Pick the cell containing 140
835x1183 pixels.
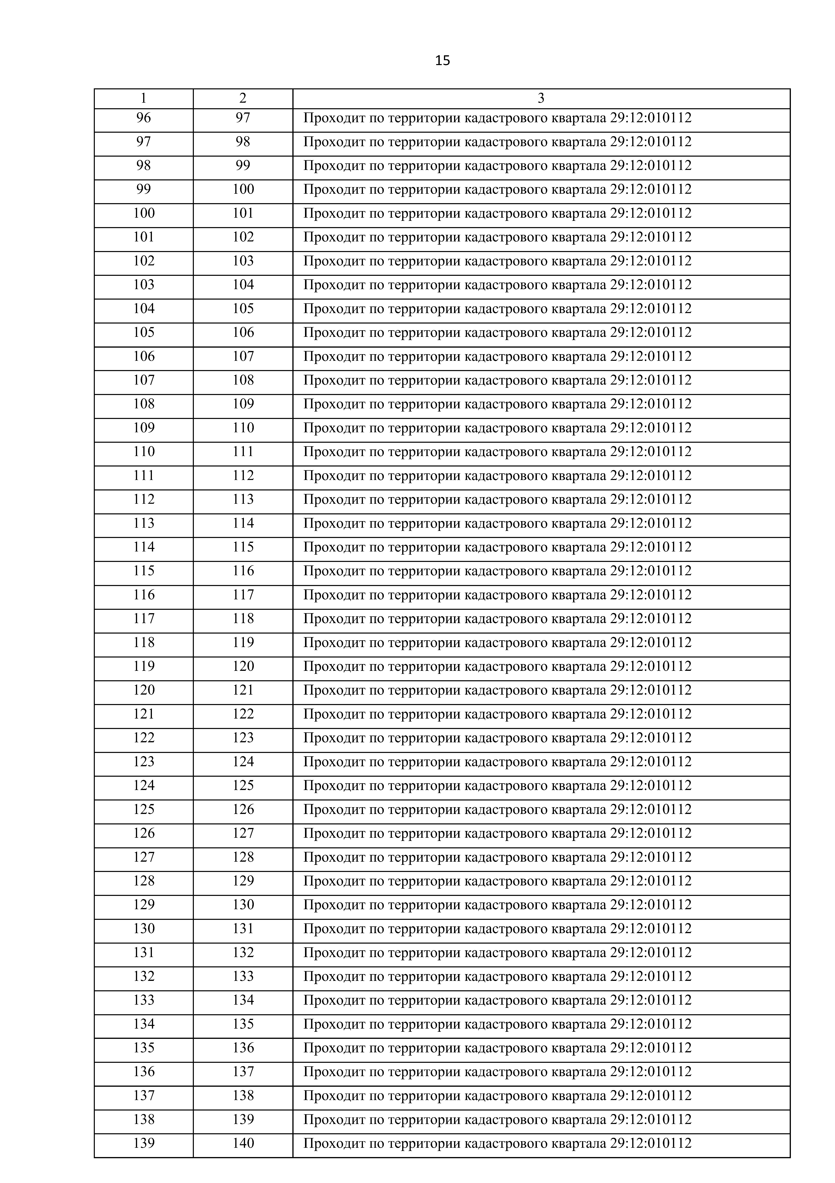point(243,1143)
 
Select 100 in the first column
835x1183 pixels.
point(144,213)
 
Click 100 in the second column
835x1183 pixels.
point(243,190)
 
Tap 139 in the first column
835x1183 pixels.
point(144,1143)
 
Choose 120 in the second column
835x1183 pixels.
point(243,666)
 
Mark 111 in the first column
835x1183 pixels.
point(144,476)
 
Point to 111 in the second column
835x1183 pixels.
point(243,452)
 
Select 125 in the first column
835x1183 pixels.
point(144,809)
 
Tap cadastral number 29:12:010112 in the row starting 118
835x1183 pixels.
point(651,642)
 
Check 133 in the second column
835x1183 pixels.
point(243,976)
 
